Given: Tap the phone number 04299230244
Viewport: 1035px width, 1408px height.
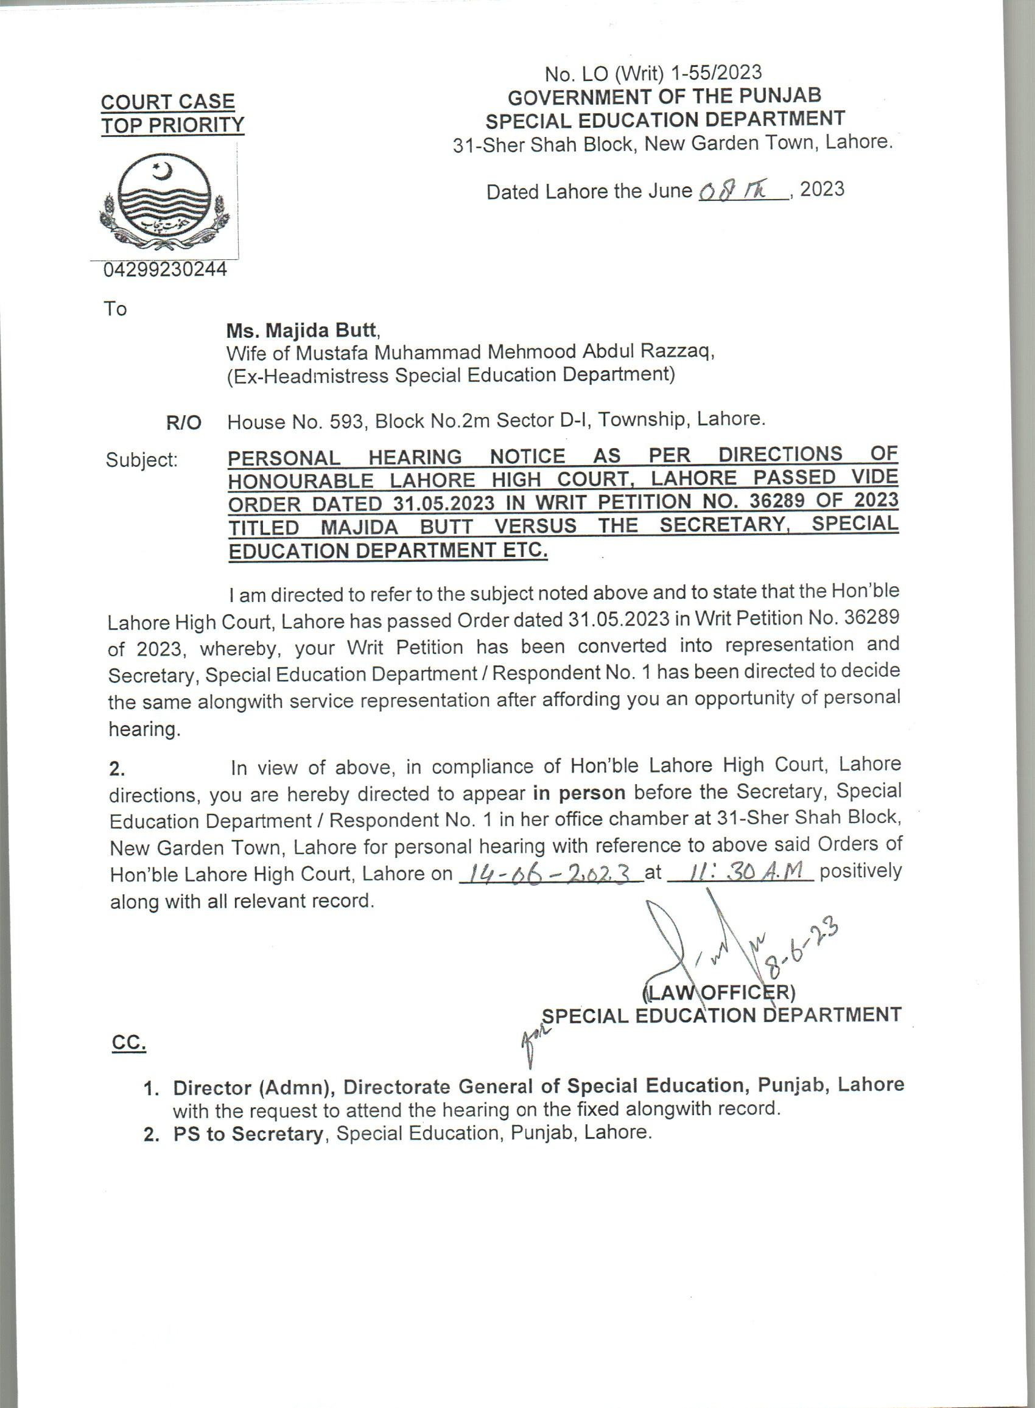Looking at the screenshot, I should point(166,270).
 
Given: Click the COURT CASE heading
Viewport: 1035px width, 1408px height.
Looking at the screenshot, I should point(168,102).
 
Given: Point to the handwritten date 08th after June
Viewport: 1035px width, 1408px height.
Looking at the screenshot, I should point(741,191).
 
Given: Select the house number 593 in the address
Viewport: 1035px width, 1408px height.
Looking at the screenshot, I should point(346,422).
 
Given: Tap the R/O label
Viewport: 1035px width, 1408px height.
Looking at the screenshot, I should point(184,423).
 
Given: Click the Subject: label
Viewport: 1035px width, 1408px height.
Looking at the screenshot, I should point(142,460).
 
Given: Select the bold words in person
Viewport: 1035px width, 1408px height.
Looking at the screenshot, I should point(580,793).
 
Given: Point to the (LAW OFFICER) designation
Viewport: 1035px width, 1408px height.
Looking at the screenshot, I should point(718,992).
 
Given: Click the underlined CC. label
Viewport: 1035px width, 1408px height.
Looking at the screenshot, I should point(128,1043).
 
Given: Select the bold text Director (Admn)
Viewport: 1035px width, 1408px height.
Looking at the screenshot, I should point(253,1087).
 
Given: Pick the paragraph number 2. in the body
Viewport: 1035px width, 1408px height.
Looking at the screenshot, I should point(117,768).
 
